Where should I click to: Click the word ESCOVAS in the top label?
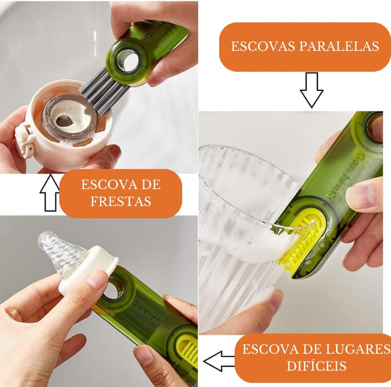[x=264, y=46]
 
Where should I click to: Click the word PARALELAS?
[x=339, y=46]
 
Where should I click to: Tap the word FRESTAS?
[x=121, y=201]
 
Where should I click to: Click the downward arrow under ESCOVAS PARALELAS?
[x=311, y=90]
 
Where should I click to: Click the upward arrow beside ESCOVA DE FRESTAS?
[x=50, y=193]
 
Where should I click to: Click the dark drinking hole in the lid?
[x=63, y=121]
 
